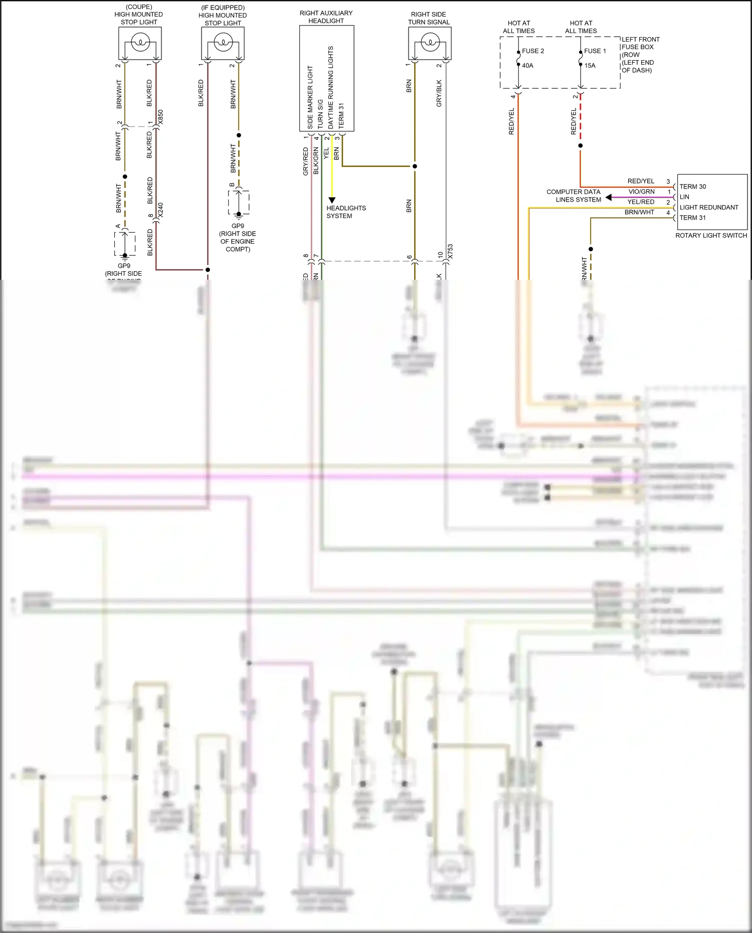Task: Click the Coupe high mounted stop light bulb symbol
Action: (140, 43)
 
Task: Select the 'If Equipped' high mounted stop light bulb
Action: (223, 43)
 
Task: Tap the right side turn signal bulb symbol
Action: (430, 43)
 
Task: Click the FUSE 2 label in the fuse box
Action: (532, 51)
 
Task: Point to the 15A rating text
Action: (590, 66)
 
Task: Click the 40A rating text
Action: (527, 66)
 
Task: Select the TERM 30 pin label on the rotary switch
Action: (692, 186)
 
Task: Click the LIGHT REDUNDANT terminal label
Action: (708, 208)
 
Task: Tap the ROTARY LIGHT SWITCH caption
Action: (710, 236)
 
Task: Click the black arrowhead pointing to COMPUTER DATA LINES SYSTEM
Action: (609, 198)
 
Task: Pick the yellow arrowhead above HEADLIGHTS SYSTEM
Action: (331, 200)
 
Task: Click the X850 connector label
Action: (160, 118)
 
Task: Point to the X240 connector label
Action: (160, 210)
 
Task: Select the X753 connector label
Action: (450, 252)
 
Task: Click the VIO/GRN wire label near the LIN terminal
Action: (641, 192)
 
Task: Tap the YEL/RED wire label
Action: (641, 202)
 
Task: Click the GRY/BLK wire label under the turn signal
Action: (439, 93)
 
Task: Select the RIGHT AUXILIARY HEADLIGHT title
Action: (326, 17)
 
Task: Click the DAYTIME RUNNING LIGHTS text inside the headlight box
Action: (330, 88)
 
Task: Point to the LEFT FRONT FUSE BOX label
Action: (640, 43)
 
